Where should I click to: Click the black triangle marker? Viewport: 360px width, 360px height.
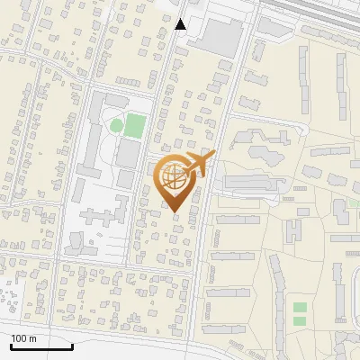(181, 23)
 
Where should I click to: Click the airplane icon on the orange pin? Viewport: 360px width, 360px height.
(199, 166)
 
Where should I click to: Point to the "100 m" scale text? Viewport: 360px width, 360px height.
(23, 338)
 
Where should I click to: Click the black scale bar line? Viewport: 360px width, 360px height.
(41, 346)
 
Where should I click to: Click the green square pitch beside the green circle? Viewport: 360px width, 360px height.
(134, 125)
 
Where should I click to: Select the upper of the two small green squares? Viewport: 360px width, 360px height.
(300, 308)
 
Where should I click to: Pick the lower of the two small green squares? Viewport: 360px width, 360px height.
(300, 321)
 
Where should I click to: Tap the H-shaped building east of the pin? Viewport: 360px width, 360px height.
(294, 230)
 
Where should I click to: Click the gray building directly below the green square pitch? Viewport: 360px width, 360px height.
(129, 156)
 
